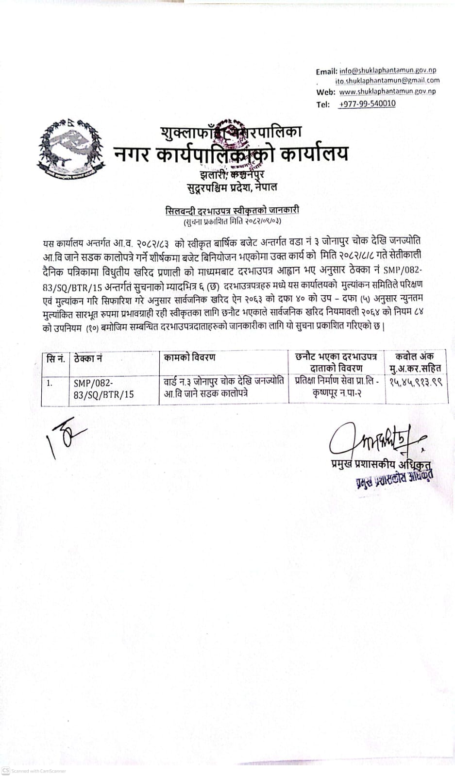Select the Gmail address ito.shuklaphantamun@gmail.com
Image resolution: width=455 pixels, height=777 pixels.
387,81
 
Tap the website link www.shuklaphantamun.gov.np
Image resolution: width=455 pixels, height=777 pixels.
387,91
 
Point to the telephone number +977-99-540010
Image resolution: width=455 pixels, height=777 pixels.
367,104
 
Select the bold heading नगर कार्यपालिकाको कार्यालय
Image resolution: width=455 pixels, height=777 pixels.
231,154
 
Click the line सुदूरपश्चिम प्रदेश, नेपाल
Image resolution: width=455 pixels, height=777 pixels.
232,187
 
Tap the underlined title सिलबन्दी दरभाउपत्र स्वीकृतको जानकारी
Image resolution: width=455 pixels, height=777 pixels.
232,210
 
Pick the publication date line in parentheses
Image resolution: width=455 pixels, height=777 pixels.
232,221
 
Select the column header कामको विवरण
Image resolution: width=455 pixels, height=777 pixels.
189,358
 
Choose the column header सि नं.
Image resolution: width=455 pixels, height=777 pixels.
56,358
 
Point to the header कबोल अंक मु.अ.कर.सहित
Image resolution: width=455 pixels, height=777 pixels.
415,363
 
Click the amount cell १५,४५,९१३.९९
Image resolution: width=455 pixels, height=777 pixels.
416,382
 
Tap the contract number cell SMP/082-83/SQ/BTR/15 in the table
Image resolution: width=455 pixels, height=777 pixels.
103,388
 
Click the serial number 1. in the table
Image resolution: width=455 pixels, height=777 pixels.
50,383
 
